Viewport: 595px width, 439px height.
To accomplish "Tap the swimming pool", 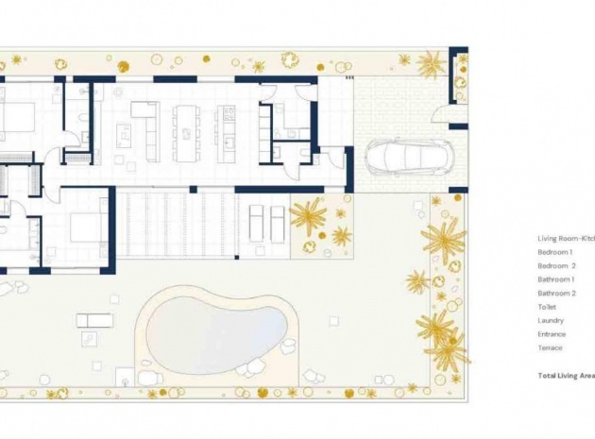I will tap(215, 329).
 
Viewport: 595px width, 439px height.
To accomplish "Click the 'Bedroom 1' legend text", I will tap(555, 253).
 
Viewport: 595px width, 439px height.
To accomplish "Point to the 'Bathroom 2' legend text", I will tap(556, 294).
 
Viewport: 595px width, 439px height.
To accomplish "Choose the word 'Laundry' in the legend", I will tap(551, 321).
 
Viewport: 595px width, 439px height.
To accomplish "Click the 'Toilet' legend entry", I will tap(548, 307).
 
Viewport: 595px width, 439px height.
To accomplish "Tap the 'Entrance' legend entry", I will tap(552, 334).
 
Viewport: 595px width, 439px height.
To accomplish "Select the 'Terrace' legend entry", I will tap(550, 348).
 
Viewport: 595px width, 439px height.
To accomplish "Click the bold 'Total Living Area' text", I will tap(566, 376).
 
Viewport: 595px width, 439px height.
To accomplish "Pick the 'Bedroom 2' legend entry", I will tap(556, 266).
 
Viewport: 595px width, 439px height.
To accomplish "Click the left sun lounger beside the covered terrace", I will tap(257, 222).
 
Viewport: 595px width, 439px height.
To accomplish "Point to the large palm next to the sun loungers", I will tap(307, 218).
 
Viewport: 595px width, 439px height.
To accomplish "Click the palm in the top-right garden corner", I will tap(432, 65).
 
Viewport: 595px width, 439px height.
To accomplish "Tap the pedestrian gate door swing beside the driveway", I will tap(440, 113).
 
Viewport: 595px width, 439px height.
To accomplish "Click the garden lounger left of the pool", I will tap(94, 320).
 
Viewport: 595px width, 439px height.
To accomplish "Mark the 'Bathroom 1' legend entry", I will tap(556, 280).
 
